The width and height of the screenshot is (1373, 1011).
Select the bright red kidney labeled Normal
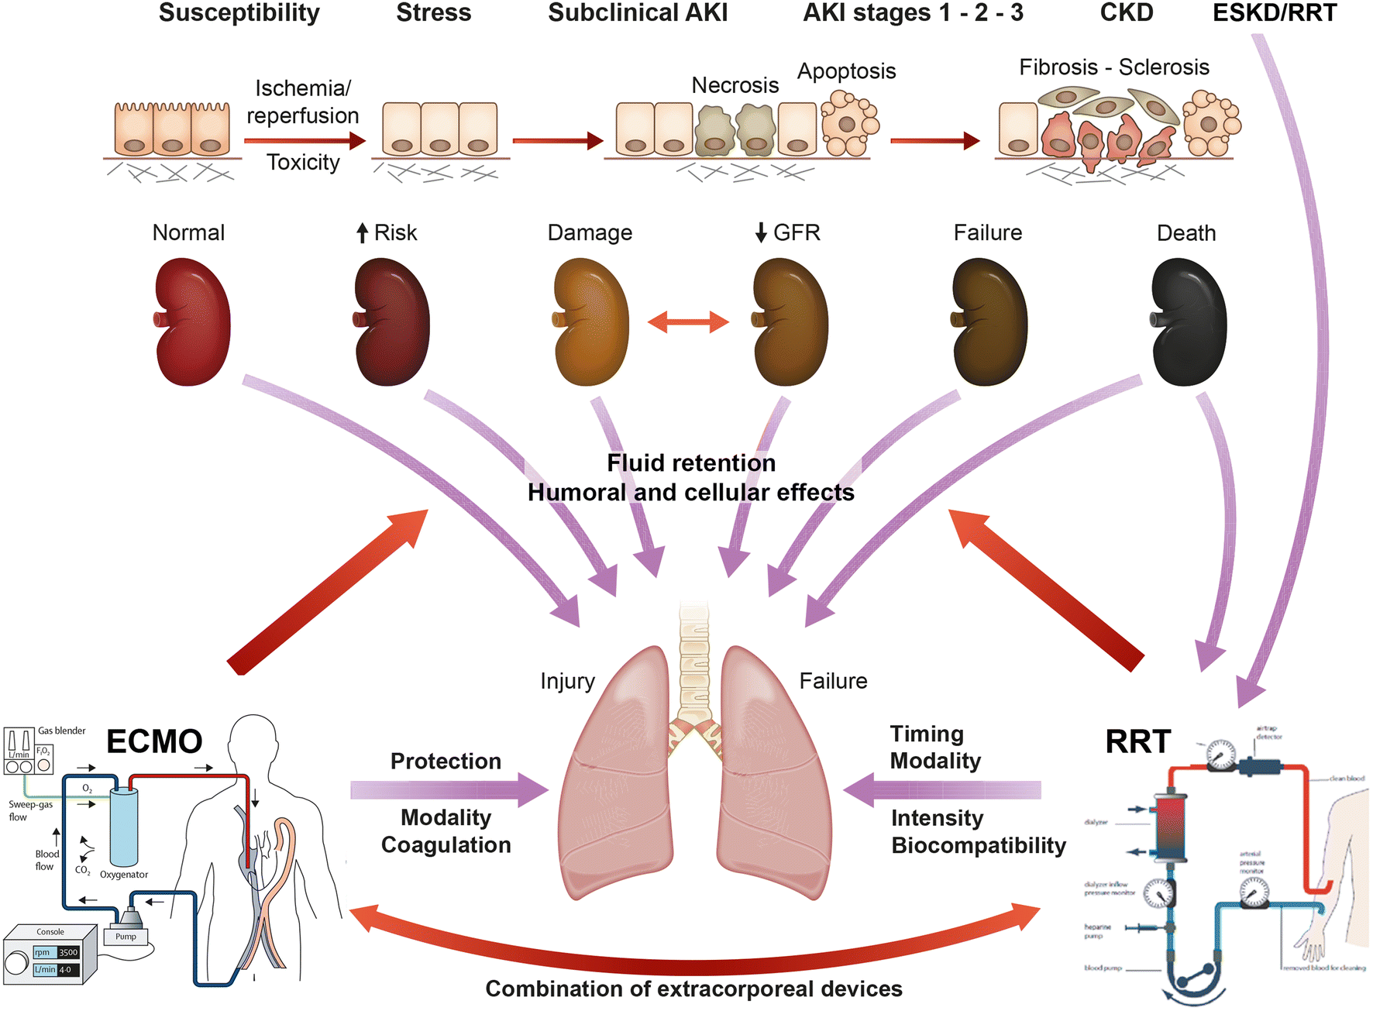point(193,322)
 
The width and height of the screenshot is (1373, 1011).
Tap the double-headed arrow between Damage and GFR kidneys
point(688,322)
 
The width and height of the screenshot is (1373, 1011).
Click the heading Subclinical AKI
point(638,13)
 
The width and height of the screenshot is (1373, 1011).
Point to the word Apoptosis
point(846,71)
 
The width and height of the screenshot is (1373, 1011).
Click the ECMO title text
point(154,741)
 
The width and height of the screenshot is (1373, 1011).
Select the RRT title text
point(1137,741)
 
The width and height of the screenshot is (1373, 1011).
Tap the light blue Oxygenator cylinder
point(124,827)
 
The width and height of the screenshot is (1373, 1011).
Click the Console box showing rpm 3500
point(50,954)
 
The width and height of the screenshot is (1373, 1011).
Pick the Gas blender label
point(62,731)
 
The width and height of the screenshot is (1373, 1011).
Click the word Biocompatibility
point(979,845)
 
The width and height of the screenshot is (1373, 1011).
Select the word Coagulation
point(446,845)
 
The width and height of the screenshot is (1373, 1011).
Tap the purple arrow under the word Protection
point(449,790)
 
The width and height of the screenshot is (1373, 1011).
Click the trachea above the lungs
point(694,659)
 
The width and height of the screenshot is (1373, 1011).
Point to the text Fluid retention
point(691,463)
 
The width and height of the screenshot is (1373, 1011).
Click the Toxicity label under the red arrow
point(303,163)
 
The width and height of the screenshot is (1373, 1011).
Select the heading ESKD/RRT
point(1274,13)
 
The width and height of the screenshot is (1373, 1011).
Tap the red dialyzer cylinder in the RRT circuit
point(1170,825)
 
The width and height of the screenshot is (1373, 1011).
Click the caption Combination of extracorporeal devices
point(693,989)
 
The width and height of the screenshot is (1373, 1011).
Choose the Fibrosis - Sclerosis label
point(1113,67)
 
